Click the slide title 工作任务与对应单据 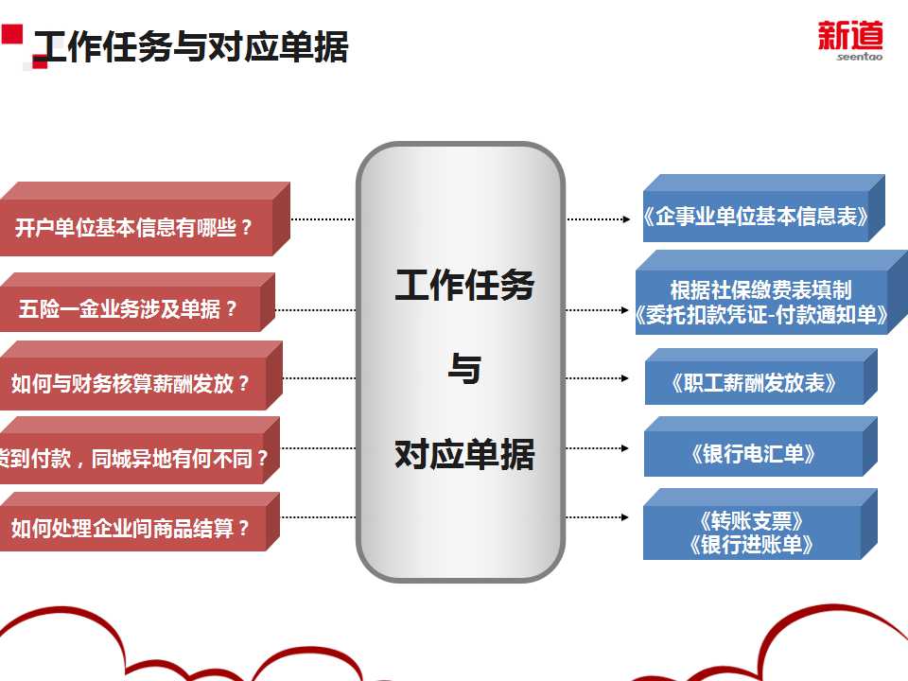pos(191,46)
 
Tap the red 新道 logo pos(850,36)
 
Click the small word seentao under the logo pos(858,57)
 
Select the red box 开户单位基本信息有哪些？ pos(134,227)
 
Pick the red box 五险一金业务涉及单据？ pos(129,309)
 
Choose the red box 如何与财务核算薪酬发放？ pos(131,383)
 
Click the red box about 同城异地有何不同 pos(132,459)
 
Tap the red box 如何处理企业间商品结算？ pos(131,528)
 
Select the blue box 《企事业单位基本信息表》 pos(755,216)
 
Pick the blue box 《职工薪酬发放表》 pos(754,383)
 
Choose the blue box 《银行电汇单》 pos(753,454)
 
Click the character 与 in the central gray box pos(463,370)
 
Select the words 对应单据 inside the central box pos(463,455)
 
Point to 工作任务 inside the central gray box pos(463,285)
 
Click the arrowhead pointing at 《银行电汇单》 pos(625,446)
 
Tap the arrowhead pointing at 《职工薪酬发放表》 pos(625,378)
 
